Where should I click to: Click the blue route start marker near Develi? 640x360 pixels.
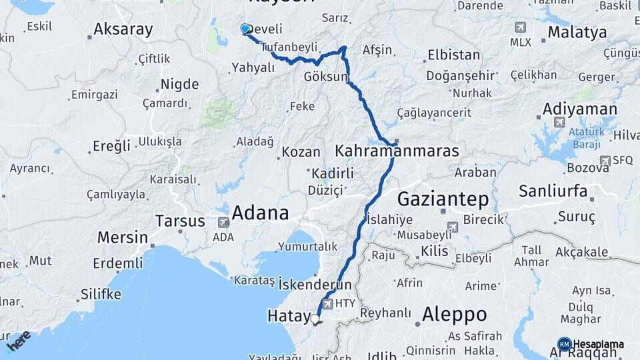coord(245,29)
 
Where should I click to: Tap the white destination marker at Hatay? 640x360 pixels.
coord(315,319)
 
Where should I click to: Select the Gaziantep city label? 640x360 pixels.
coord(443,199)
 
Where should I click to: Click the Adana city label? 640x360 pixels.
coord(260,213)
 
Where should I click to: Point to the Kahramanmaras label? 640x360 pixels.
coord(397,151)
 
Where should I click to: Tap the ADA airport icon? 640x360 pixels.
coord(223,223)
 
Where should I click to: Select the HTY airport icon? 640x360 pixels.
coord(327,303)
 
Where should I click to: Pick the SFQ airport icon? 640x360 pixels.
coord(605,160)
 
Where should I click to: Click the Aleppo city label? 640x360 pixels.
coord(454,314)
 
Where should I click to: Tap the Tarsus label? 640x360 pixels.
coord(180,221)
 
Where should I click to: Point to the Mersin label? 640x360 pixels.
coord(123,237)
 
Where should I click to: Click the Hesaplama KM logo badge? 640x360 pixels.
coord(564,344)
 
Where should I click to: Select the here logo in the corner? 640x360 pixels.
coord(19,341)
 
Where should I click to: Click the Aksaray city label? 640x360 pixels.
coord(123,29)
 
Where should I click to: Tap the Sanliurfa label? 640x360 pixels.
coord(553,192)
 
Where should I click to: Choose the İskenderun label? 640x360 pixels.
coord(315,285)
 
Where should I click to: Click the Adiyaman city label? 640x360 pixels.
coord(570,109)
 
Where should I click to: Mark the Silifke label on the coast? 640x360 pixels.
coord(101,294)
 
